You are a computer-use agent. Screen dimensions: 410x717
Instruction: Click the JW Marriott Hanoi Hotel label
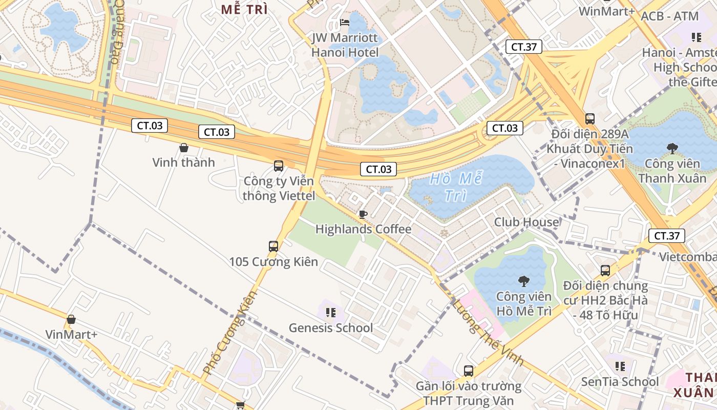345,45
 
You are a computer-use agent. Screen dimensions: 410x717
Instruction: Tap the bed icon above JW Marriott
345,23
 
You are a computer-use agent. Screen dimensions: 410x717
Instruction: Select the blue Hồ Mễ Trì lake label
456,187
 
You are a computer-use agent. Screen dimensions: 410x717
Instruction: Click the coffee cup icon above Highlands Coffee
363,214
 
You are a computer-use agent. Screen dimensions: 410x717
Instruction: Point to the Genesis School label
331,327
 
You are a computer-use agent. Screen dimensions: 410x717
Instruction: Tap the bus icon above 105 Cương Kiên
273,247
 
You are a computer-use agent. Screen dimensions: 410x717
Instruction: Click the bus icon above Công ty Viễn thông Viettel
279,166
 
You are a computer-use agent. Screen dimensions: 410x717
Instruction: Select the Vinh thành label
183,162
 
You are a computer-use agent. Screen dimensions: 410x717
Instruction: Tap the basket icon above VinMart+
71,320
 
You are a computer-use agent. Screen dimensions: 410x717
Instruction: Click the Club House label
526,222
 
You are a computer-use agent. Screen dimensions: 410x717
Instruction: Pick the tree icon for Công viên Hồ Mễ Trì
523,281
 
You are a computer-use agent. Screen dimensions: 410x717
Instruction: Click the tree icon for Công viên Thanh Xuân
672,149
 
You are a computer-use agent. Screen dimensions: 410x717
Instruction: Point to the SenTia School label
620,382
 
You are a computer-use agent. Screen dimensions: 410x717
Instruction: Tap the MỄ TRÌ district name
244,9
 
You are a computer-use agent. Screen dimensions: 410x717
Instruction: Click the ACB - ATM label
669,16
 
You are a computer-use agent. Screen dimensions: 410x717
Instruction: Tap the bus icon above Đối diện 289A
590,119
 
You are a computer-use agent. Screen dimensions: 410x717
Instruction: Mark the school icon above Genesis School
331,312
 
